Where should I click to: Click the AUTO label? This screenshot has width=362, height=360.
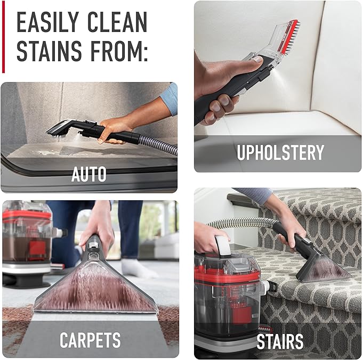(89, 174)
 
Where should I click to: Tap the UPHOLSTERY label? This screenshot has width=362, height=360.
(280, 153)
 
